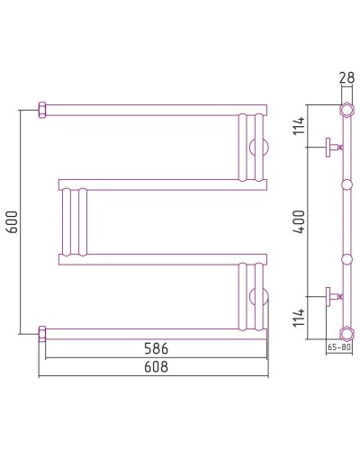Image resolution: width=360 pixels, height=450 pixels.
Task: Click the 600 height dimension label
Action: (12, 220)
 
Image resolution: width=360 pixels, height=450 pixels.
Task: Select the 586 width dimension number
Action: (156, 347)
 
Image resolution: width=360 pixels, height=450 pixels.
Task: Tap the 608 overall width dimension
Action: (156, 366)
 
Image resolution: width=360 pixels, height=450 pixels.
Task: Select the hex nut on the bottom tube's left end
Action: (41, 330)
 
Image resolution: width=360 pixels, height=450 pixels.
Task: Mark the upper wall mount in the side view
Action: (333, 145)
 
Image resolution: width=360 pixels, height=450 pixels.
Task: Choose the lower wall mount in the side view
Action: (333, 294)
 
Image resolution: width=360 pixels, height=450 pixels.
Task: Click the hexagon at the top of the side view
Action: (346, 112)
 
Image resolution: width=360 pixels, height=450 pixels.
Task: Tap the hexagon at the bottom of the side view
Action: (346, 329)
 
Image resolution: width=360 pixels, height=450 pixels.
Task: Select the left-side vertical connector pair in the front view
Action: (74, 221)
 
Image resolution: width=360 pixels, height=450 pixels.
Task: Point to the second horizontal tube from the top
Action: (162, 184)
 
